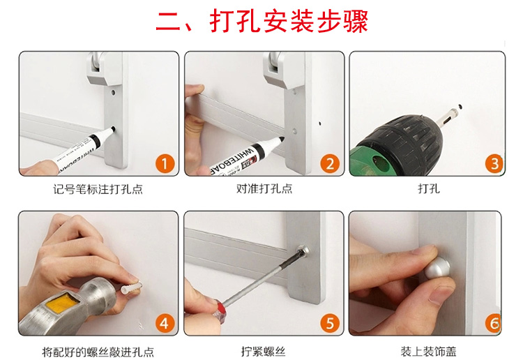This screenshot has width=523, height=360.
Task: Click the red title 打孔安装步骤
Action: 289,22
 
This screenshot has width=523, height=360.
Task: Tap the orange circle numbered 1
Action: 165,163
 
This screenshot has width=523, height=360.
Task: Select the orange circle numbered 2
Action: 330,163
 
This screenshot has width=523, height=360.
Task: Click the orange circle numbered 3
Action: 494,163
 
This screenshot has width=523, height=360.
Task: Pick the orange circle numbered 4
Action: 165,323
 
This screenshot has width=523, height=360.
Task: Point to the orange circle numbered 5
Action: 330,323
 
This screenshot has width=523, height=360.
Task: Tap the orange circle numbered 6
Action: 493,323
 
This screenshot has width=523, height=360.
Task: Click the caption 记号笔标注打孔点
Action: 98,189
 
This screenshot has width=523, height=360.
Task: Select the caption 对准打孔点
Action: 264,188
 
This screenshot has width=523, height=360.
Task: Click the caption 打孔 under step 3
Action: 429,188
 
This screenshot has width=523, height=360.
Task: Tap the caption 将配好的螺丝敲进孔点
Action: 98,352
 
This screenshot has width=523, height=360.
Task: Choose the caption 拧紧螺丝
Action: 263,352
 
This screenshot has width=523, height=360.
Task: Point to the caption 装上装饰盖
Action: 428,352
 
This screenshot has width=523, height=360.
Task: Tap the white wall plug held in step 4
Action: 131,288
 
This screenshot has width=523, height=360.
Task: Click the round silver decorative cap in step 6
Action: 437,268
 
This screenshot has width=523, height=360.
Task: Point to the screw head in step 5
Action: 303,251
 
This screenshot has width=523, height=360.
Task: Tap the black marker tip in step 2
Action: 281,140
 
